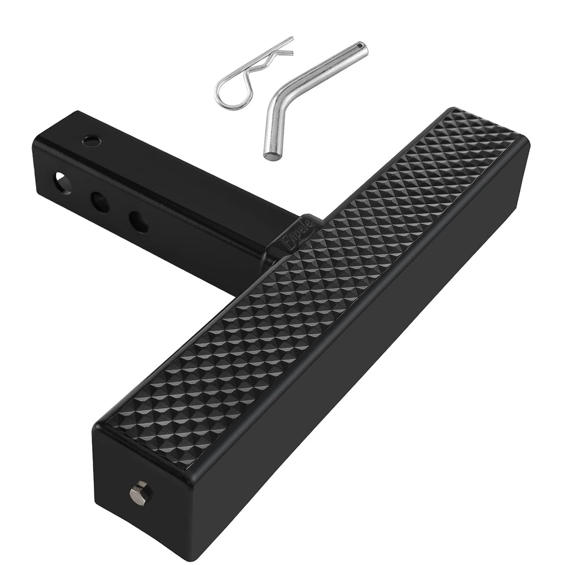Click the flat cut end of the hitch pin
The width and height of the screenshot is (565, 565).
click(269, 155)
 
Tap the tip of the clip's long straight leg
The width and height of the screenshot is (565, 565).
click(291, 39)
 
